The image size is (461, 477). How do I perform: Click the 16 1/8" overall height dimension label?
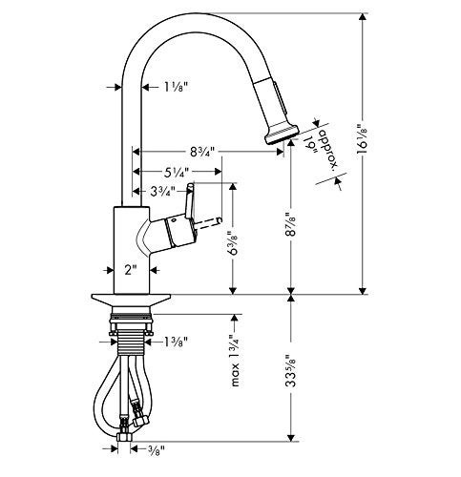click(362, 139)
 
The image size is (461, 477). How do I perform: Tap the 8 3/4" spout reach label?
click(202, 152)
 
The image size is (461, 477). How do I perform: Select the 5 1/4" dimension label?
click(177, 172)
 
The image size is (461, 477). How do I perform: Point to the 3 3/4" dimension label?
click(162, 192)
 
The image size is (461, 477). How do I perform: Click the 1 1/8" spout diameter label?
click(175, 87)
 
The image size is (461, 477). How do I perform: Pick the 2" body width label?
click(131, 270)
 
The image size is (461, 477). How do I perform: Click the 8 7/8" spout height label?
click(290, 224)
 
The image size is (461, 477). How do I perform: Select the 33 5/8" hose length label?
click(290, 370)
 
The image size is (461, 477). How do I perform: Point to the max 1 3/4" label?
click(235, 361)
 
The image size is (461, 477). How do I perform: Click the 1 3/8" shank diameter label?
click(176, 342)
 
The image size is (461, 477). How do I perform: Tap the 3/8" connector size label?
click(157, 449)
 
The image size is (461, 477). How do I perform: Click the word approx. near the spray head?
click(329, 148)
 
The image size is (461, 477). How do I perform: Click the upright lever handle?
click(190, 200)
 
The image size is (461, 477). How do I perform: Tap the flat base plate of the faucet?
click(131, 300)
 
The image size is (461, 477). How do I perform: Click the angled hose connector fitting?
click(139, 412)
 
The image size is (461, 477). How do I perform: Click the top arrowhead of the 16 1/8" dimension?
click(362, 18)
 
